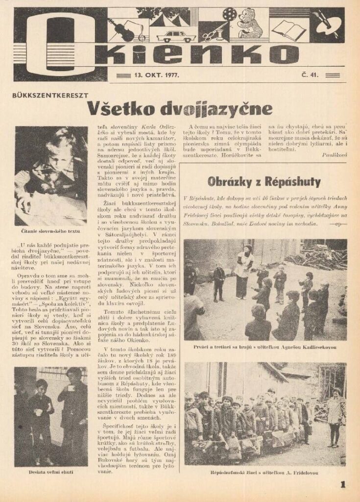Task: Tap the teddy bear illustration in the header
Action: click(x=252, y=24)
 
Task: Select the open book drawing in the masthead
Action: click(x=289, y=29)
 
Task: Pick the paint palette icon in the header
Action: click(x=326, y=22)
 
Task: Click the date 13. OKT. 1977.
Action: click(x=156, y=75)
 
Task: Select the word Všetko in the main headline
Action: click(x=117, y=108)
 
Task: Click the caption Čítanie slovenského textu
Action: click(x=51, y=230)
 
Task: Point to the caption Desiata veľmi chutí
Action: click(x=51, y=473)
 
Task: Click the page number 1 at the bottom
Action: click(x=343, y=485)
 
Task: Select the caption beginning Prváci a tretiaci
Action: click(x=265, y=347)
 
